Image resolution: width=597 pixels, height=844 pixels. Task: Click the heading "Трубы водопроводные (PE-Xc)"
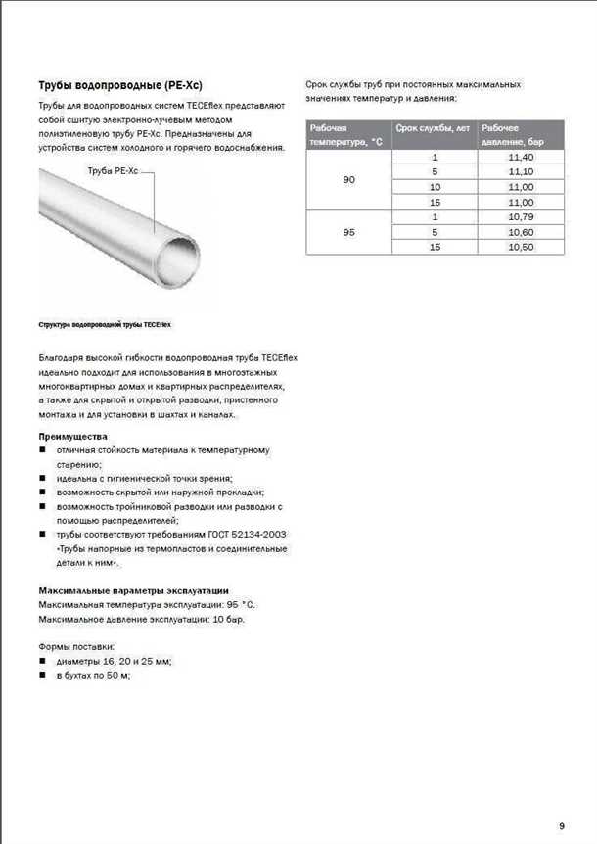click(120, 85)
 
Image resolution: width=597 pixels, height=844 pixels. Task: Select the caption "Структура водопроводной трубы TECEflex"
click(97, 323)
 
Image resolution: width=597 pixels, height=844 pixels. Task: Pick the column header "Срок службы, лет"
click(432, 128)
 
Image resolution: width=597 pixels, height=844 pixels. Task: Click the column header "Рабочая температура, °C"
click(344, 135)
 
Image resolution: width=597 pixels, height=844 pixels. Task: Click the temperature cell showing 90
click(348, 179)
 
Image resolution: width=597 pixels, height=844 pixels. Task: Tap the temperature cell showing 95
click(348, 232)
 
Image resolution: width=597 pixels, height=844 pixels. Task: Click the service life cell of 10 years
click(435, 186)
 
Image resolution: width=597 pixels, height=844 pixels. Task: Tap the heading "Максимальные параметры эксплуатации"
click(133, 591)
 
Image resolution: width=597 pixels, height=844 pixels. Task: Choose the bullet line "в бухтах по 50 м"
click(93, 676)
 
